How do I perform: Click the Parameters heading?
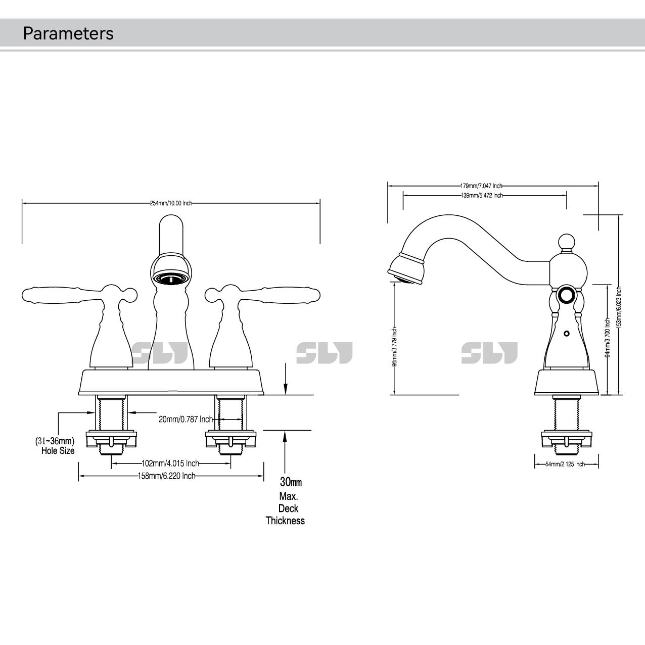point(68,33)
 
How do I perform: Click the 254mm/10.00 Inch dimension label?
point(171,203)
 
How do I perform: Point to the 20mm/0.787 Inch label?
point(186,419)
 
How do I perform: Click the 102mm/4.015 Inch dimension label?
point(170,463)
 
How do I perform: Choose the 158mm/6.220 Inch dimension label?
point(166,476)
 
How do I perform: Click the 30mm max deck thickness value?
point(291,482)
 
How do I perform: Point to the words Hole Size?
point(58,450)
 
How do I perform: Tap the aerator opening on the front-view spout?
point(171,278)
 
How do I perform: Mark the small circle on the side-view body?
point(566,334)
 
